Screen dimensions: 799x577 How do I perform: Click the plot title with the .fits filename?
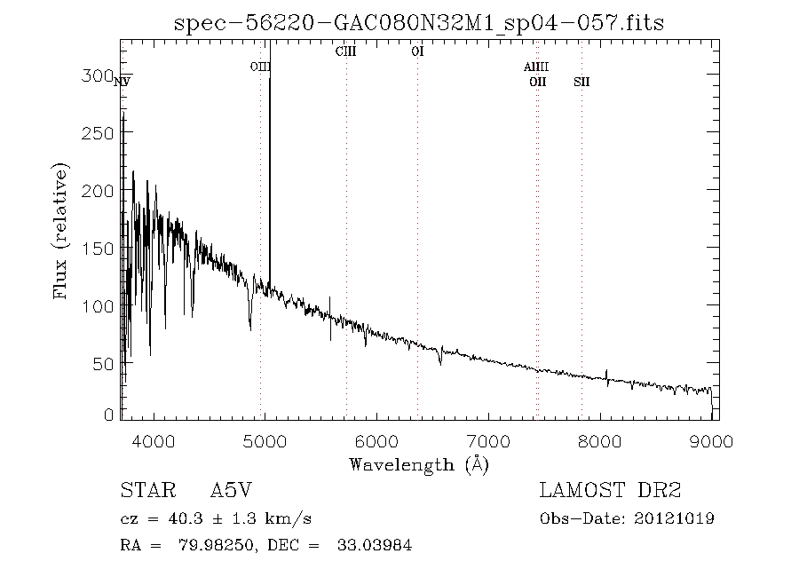pos(419,23)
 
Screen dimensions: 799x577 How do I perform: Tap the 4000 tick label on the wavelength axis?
pos(154,441)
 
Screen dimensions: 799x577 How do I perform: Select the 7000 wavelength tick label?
pos(488,441)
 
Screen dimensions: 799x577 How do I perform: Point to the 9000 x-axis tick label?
pos(711,441)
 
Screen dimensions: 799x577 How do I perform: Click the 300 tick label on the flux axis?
pos(97,75)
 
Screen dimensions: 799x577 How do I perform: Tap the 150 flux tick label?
pos(97,249)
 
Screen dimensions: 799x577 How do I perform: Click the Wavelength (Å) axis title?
pos(419,465)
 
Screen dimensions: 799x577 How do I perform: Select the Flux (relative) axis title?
pos(60,231)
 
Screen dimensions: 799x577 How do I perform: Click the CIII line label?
pos(346,51)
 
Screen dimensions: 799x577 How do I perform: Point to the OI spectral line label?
pos(418,51)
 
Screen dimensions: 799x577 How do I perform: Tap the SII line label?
pos(581,82)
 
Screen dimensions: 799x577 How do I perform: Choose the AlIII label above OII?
pos(536,67)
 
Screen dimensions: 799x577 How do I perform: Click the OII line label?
pos(538,82)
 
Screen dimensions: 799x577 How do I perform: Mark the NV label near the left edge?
pos(123,82)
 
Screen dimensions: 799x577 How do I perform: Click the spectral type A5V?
pos(232,490)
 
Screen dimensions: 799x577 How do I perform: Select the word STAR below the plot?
pos(148,490)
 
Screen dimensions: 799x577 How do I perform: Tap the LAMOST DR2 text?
pos(611,490)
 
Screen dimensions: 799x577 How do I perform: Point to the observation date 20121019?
pos(674,519)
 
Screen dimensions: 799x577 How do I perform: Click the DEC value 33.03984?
pos(375,545)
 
